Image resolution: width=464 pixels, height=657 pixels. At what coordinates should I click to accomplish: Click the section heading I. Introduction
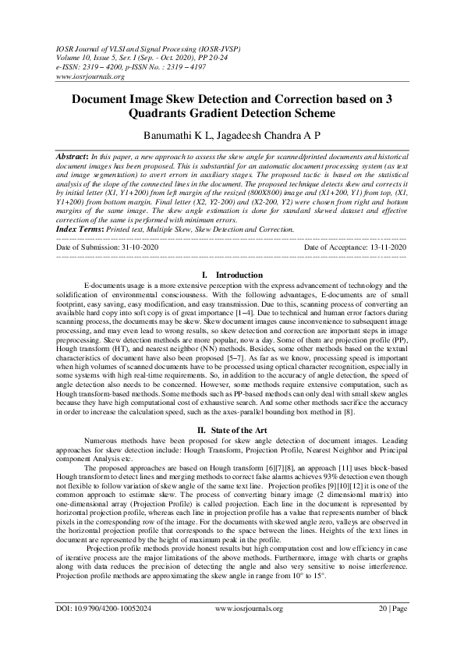pos(232,275)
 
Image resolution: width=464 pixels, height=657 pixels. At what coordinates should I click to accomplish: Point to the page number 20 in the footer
pos(382,628)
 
